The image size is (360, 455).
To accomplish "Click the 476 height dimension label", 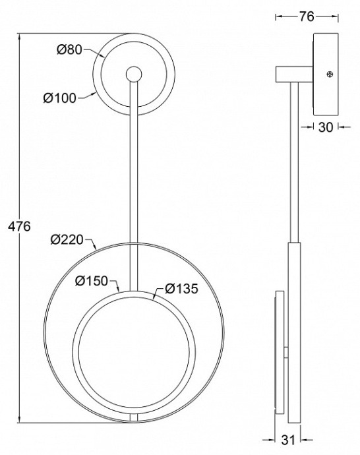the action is click(19, 226).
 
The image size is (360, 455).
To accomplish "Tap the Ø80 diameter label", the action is click(70, 49).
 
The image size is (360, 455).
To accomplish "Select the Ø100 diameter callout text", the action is click(59, 98).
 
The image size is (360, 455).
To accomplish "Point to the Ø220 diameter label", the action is click(67, 239).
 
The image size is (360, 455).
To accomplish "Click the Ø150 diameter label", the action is click(92, 281).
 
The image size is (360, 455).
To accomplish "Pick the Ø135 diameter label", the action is click(182, 288).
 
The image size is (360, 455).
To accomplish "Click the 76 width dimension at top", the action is click(307, 16).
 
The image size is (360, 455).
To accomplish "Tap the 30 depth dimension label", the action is click(326, 127).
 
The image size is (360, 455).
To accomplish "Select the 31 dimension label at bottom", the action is click(287, 440).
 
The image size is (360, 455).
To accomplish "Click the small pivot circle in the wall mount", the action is click(134, 75).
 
